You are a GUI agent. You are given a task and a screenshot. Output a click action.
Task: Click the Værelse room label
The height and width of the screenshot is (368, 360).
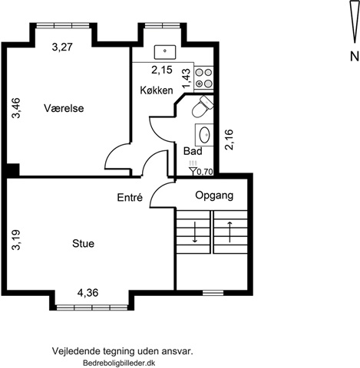pos(64,108)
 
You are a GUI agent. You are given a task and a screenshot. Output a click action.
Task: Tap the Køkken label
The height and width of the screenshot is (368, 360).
pos(157,90)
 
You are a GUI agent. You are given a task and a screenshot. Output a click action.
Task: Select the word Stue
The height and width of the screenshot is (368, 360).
pos(83,244)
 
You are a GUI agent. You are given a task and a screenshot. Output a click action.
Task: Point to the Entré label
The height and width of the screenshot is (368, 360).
pos(130,197)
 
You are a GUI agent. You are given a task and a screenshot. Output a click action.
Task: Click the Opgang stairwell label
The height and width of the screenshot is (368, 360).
pos(214,195)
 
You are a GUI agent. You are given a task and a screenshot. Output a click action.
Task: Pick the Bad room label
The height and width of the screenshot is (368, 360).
pos(193,151)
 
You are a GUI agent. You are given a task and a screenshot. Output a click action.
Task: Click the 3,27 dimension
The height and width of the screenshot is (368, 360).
pos(62,47)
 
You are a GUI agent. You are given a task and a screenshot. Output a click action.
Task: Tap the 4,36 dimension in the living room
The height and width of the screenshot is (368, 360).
pos(88,293)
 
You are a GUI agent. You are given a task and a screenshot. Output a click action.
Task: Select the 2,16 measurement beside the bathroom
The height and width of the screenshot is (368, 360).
pos(229,140)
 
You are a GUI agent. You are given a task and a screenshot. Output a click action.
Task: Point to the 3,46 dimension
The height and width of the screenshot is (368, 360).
pos(16,108)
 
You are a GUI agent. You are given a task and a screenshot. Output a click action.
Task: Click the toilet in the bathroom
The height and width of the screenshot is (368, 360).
pos(203,107)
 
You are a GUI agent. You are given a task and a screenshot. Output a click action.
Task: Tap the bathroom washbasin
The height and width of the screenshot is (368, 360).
pos(204,135)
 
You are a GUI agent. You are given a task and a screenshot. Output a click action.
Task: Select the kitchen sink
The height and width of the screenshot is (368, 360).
pos(165,52)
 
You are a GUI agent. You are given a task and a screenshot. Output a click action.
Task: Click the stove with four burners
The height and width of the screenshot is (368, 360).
pos(203,78)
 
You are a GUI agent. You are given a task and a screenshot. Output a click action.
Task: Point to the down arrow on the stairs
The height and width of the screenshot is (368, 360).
pos(195,232)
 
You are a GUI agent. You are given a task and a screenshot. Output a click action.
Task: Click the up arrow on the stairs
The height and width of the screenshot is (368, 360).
pos(230,232)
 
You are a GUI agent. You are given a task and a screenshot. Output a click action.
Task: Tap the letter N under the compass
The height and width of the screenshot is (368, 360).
pos(355,57)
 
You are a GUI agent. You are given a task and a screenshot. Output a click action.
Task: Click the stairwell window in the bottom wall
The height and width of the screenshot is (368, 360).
pos(213,293)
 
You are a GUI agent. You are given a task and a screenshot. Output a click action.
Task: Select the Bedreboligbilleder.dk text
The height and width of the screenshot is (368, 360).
pos(119,363)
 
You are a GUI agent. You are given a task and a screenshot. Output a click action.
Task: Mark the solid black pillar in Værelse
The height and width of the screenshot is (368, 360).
pos(13,169)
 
